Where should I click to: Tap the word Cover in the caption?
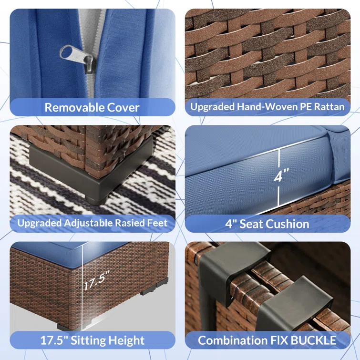pyautogui.click(x=123, y=107)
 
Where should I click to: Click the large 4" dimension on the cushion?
pyautogui.click(x=281, y=175)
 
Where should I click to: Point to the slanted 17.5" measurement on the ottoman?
pyautogui.click(x=96, y=280)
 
